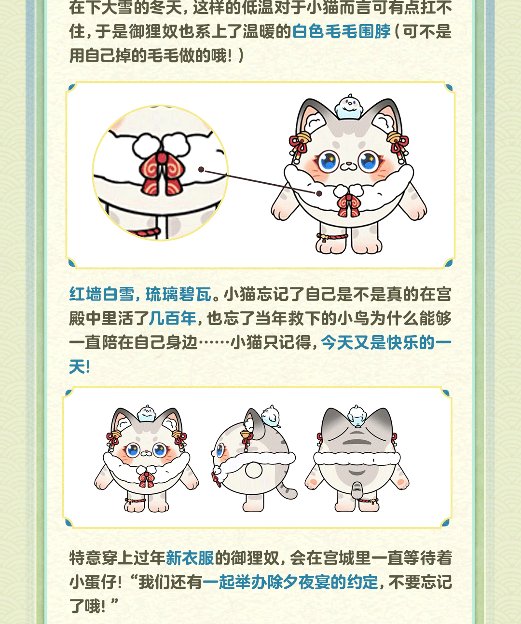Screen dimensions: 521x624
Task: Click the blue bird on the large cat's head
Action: point(349,107)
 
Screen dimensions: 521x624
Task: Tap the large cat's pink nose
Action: point(348,164)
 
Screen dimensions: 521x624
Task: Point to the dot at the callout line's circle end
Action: point(201,169)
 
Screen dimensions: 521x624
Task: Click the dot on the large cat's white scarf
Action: point(319,193)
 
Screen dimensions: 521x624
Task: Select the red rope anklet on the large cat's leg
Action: point(332,237)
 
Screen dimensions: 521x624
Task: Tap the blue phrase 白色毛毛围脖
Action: point(342,31)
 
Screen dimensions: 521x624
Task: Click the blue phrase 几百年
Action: point(173,318)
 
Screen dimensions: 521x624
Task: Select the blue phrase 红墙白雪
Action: point(102,294)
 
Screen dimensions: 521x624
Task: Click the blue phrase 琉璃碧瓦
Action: point(178,294)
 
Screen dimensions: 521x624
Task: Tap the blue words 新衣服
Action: point(190,557)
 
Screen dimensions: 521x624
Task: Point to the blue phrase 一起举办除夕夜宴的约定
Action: point(290,582)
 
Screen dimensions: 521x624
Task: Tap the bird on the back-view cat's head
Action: point(357,416)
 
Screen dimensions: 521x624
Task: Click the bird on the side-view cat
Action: point(271,415)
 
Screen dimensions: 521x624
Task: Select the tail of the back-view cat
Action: point(356,489)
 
